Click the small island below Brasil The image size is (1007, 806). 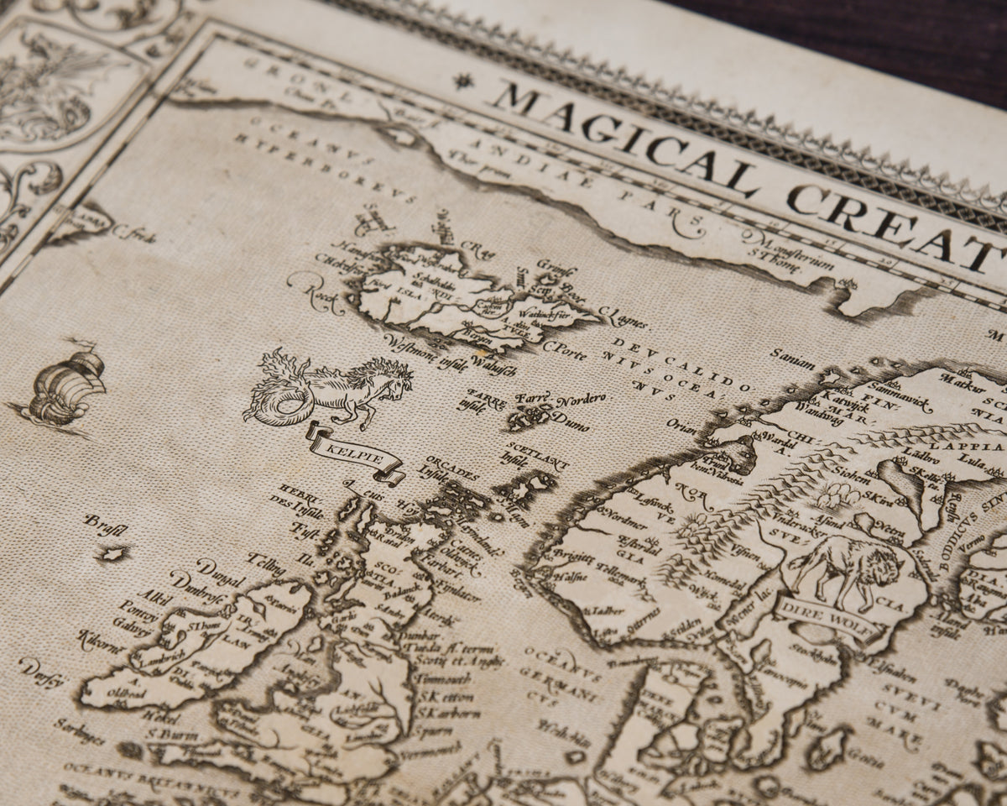point(112,553)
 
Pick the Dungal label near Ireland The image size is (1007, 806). point(195,579)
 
